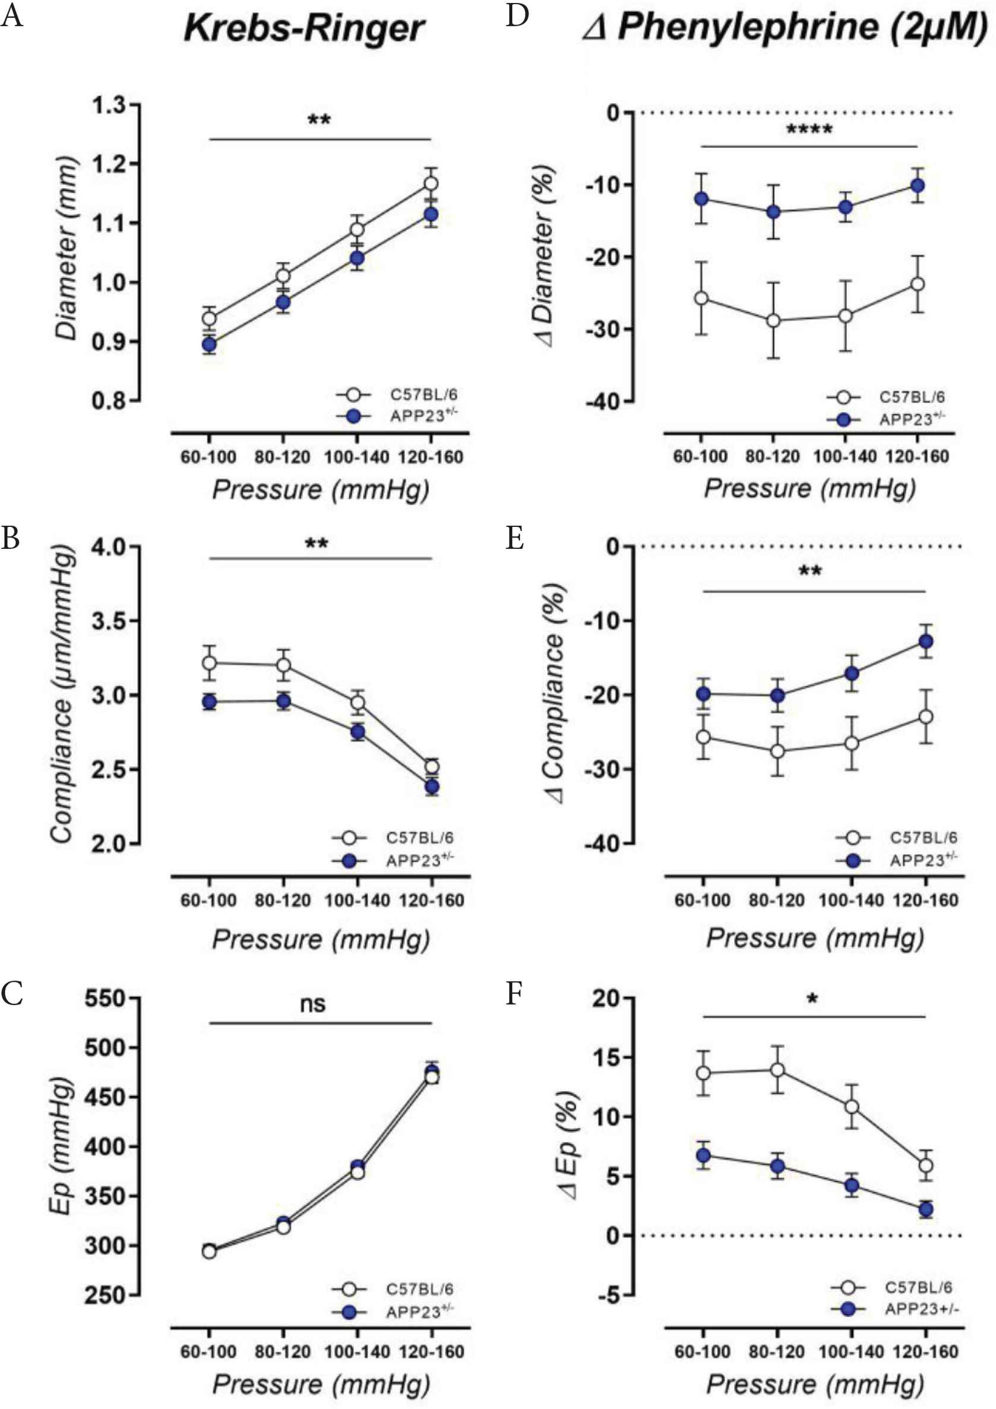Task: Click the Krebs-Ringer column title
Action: pos(305,29)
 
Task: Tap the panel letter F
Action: pos(514,994)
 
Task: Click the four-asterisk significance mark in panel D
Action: pos(809,130)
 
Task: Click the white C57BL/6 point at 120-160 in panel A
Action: pos(431,184)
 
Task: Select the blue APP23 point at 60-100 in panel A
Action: pos(208,344)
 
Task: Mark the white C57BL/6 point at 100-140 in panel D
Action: pos(845,315)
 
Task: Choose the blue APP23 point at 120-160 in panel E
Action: pos(925,642)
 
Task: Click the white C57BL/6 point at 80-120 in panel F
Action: pos(777,1070)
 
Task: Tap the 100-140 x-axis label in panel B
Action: pos(357,901)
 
